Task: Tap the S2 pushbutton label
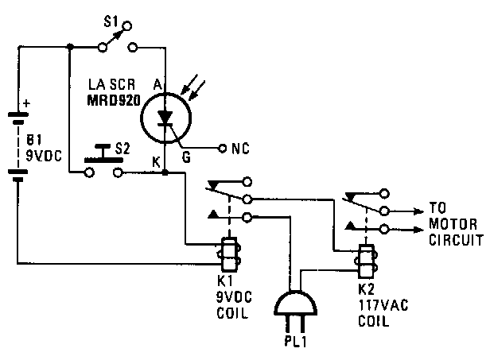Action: click(122, 148)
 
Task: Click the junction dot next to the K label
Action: click(165, 171)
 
